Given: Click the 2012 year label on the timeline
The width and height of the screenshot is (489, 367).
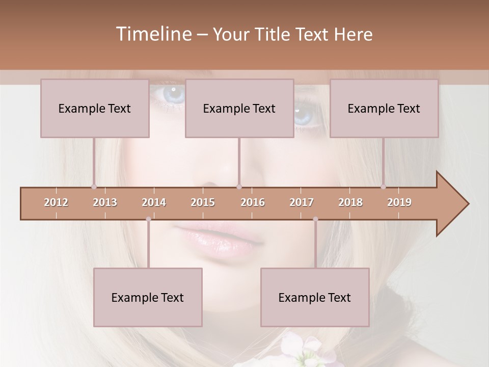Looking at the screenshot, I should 56,202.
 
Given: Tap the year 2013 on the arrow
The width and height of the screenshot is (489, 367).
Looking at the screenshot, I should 105,202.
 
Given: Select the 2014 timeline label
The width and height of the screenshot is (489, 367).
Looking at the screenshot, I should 154,202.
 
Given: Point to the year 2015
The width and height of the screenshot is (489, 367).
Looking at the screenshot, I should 203,202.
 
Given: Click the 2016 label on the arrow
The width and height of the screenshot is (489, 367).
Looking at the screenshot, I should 253,202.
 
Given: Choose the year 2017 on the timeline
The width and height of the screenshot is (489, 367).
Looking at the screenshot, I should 302,202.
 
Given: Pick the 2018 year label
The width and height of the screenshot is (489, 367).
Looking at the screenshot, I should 350,202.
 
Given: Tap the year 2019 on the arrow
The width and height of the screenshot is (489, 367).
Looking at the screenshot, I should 399,202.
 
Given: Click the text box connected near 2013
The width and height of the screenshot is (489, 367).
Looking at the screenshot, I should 95,108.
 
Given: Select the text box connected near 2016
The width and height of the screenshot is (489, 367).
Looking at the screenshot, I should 239,108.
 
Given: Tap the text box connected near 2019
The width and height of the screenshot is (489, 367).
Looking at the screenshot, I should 384,108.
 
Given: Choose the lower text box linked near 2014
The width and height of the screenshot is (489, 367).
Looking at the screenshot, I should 148,297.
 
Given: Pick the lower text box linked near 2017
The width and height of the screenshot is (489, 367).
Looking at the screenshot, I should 315,297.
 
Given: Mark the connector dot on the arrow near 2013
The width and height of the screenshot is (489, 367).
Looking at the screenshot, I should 94,187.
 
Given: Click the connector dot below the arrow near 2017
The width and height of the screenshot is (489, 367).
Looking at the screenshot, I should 315,219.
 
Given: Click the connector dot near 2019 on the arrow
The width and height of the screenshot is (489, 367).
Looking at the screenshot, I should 383,187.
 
